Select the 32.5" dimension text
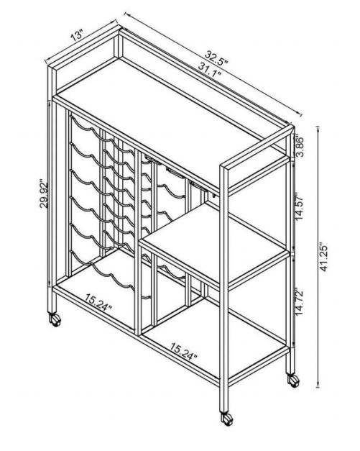(216, 58)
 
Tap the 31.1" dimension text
(210, 69)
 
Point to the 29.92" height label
(44, 194)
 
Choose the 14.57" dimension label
(300, 206)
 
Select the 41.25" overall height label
(324, 258)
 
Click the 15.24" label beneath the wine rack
(98, 302)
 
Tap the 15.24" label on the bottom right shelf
(184, 351)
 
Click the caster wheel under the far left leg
(55, 319)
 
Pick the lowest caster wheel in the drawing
(226, 419)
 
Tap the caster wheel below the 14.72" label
(293, 381)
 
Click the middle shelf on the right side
(214, 242)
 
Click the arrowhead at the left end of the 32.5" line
(126, 14)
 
